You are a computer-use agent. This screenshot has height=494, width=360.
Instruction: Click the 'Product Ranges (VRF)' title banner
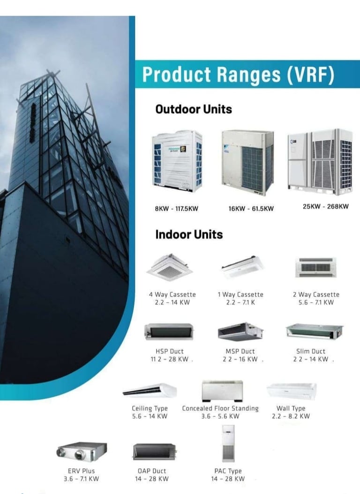click(x=238, y=75)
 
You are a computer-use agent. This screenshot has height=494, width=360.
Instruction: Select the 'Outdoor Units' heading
click(x=194, y=109)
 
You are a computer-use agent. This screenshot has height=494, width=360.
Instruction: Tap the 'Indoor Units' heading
click(x=189, y=234)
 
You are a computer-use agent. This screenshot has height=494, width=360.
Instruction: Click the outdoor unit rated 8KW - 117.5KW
click(x=177, y=161)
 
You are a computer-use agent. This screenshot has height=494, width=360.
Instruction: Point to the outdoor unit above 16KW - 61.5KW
click(x=247, y=162)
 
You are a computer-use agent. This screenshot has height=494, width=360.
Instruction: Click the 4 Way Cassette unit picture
click(x=169, y=267)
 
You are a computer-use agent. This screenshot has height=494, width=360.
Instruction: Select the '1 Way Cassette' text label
click(x=240, y=295)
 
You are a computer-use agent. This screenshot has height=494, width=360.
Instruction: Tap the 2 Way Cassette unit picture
click(x=315, y=267)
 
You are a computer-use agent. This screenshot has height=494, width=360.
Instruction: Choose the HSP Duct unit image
click(x=169, y=332)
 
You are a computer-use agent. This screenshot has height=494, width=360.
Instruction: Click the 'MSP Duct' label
click(x=240, y=351)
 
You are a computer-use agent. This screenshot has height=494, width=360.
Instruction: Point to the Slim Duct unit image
click(x=314, y=331)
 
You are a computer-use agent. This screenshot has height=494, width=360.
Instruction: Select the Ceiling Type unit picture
click(x=150, y=390)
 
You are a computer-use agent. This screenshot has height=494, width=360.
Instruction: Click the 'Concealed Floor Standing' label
click(x=220, y=409)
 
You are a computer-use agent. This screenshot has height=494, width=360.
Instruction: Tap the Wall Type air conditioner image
click(x=291, y=391)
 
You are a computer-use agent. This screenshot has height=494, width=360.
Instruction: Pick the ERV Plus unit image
click(x=81, y=452)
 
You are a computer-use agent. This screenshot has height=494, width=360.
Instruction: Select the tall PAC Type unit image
click(x=228, y=443)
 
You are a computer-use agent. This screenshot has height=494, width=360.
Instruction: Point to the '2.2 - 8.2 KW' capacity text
click(x=291, y=416)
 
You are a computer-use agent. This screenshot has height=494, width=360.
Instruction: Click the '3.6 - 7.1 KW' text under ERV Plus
click(x=81, y=479)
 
